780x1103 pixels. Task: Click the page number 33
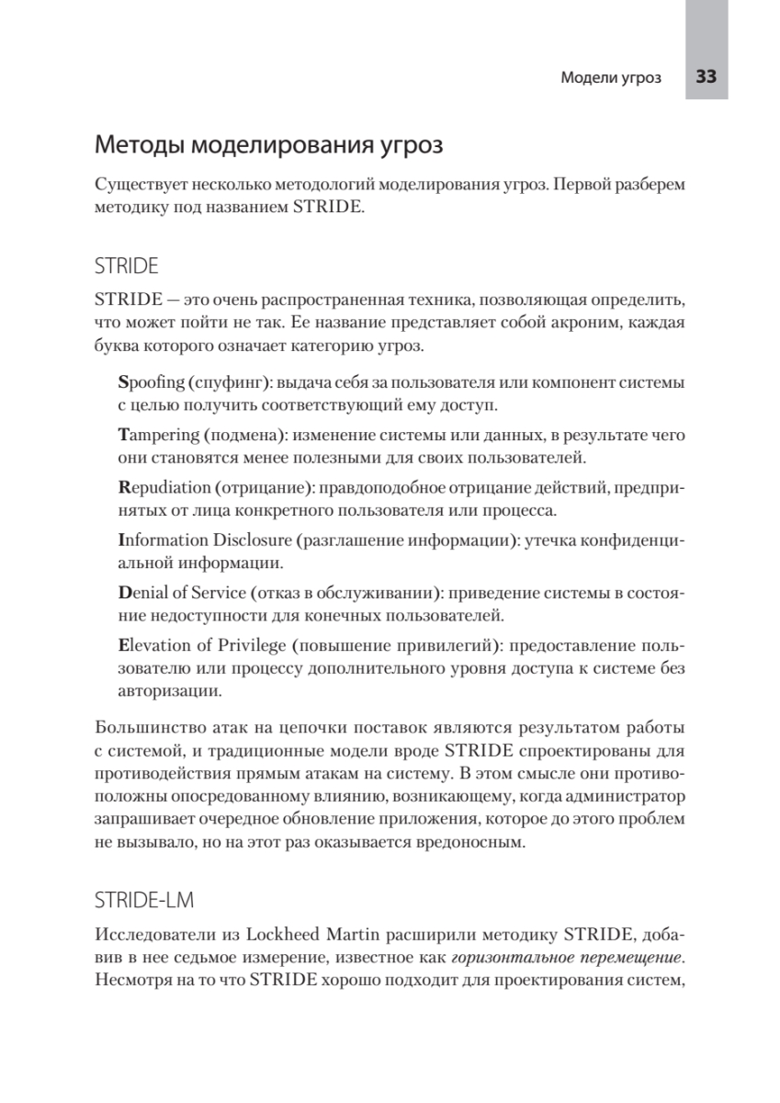706,77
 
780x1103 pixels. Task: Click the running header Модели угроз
611,78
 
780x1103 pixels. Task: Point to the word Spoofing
152,381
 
